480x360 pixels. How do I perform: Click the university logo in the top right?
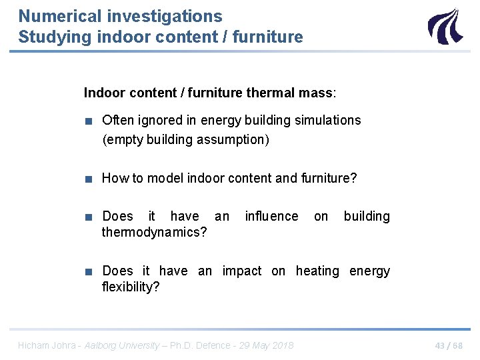pos(445,27)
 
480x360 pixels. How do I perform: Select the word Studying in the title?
pos(55,37)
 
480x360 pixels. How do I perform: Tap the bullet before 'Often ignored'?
pos(88,121)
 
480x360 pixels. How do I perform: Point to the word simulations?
pos(325,120)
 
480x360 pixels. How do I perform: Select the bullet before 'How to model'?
pos(88,179)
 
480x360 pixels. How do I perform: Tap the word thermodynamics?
pos(154,232)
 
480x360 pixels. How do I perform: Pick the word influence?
pos(271,216)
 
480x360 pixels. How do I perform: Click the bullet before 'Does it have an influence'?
pos(88,217)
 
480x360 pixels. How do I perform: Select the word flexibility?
pos(131,287)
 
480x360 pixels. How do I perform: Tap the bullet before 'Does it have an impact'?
pos(88,271)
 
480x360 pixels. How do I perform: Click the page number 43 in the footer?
pos(440,345)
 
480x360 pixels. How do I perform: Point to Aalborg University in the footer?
pos(122,345)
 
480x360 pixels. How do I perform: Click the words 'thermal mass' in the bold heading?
pos(290,93)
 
